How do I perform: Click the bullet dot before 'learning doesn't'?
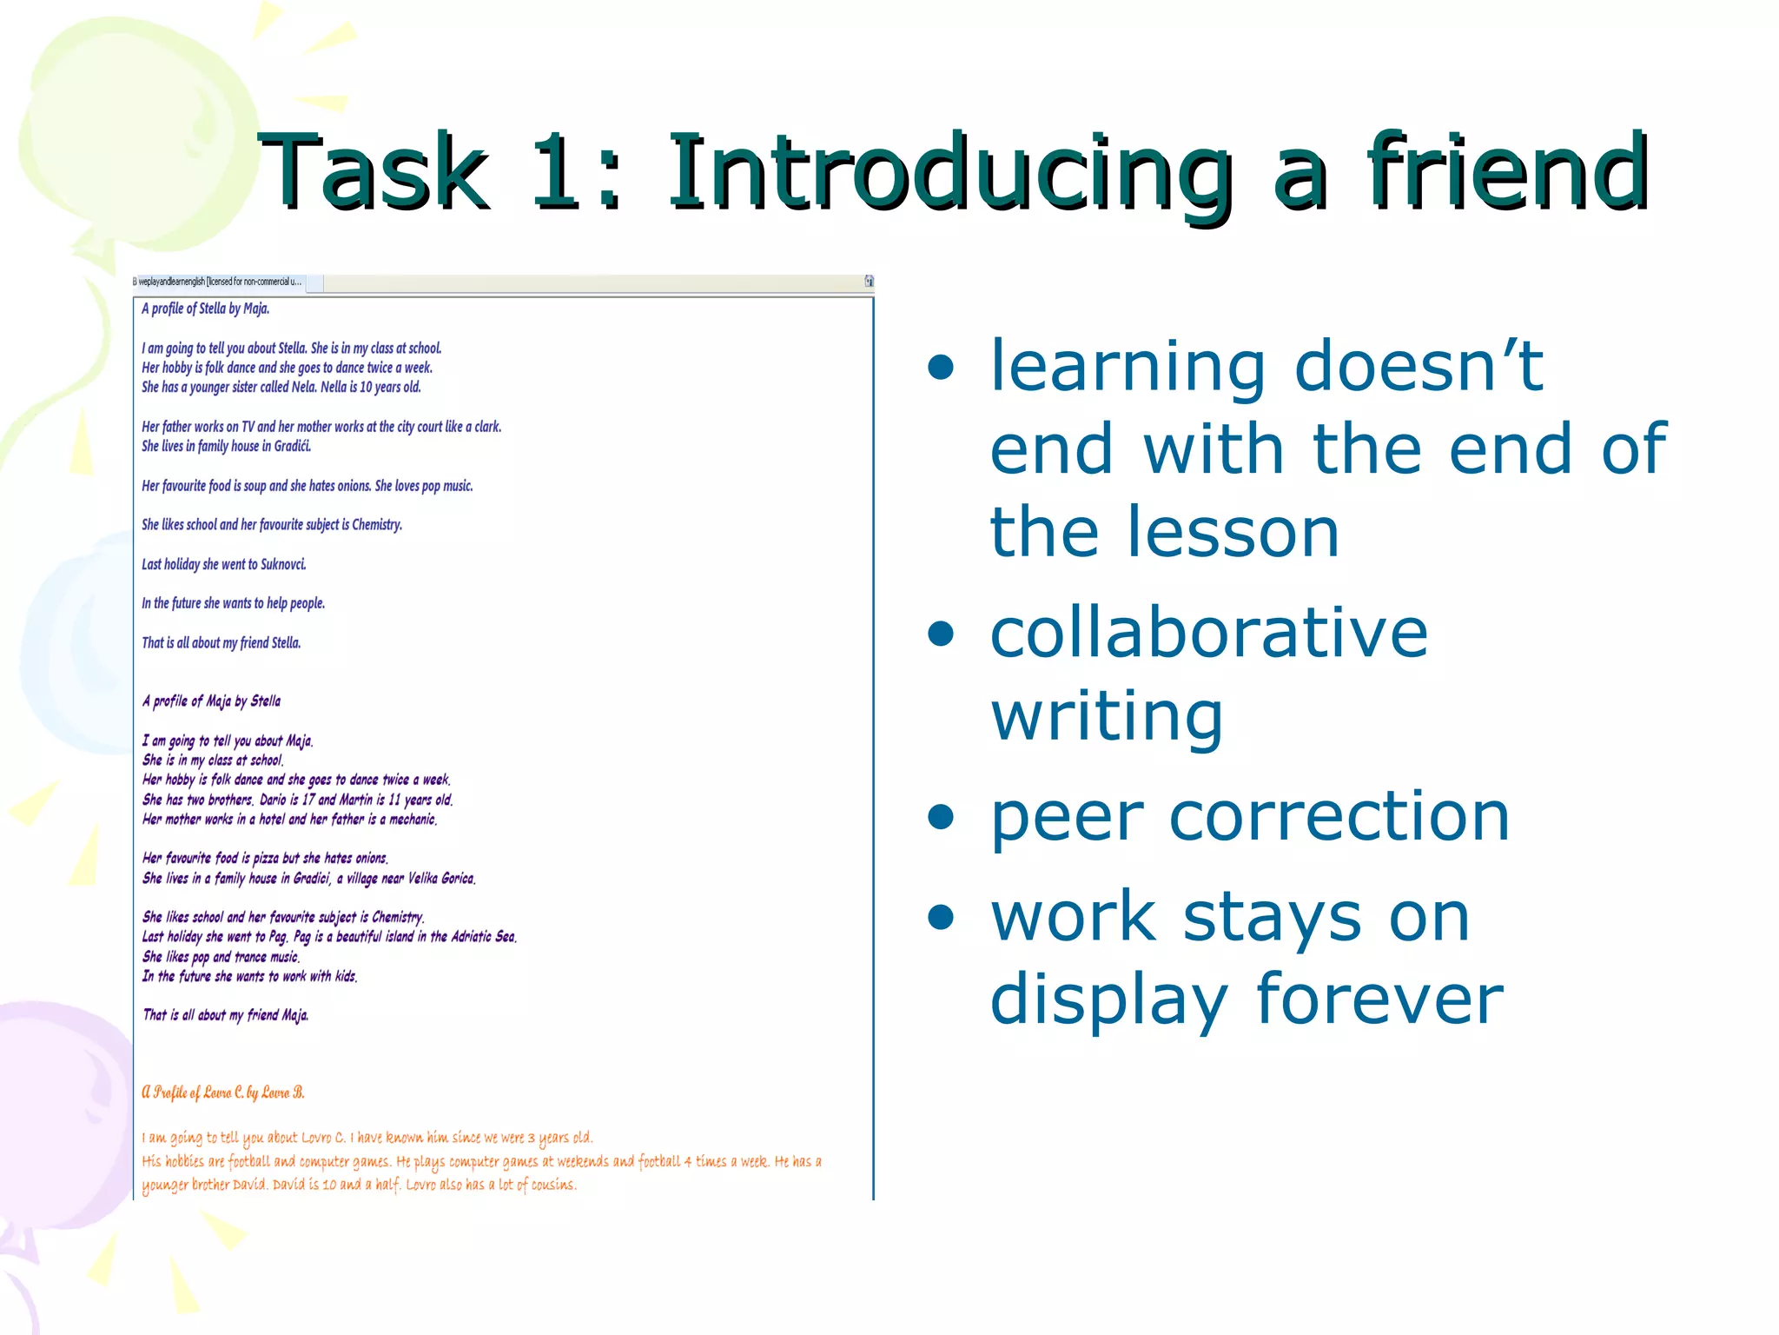click(940, 368)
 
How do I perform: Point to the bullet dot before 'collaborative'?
click(940, 634)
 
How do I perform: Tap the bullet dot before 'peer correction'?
click(940, 817)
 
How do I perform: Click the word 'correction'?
click(1339, 817)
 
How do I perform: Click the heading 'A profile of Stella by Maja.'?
click(206, 309)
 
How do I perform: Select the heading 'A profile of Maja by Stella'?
click(211, 701)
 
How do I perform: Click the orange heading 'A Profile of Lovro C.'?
click(223, 1093)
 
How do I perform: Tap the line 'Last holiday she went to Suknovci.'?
click(224, 564)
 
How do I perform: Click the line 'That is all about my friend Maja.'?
click(225, 1015)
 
